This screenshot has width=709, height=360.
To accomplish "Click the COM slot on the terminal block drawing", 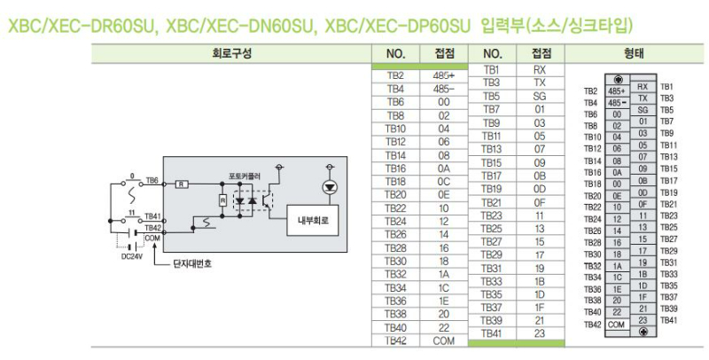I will pyautogui.click(x=616, y=325).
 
